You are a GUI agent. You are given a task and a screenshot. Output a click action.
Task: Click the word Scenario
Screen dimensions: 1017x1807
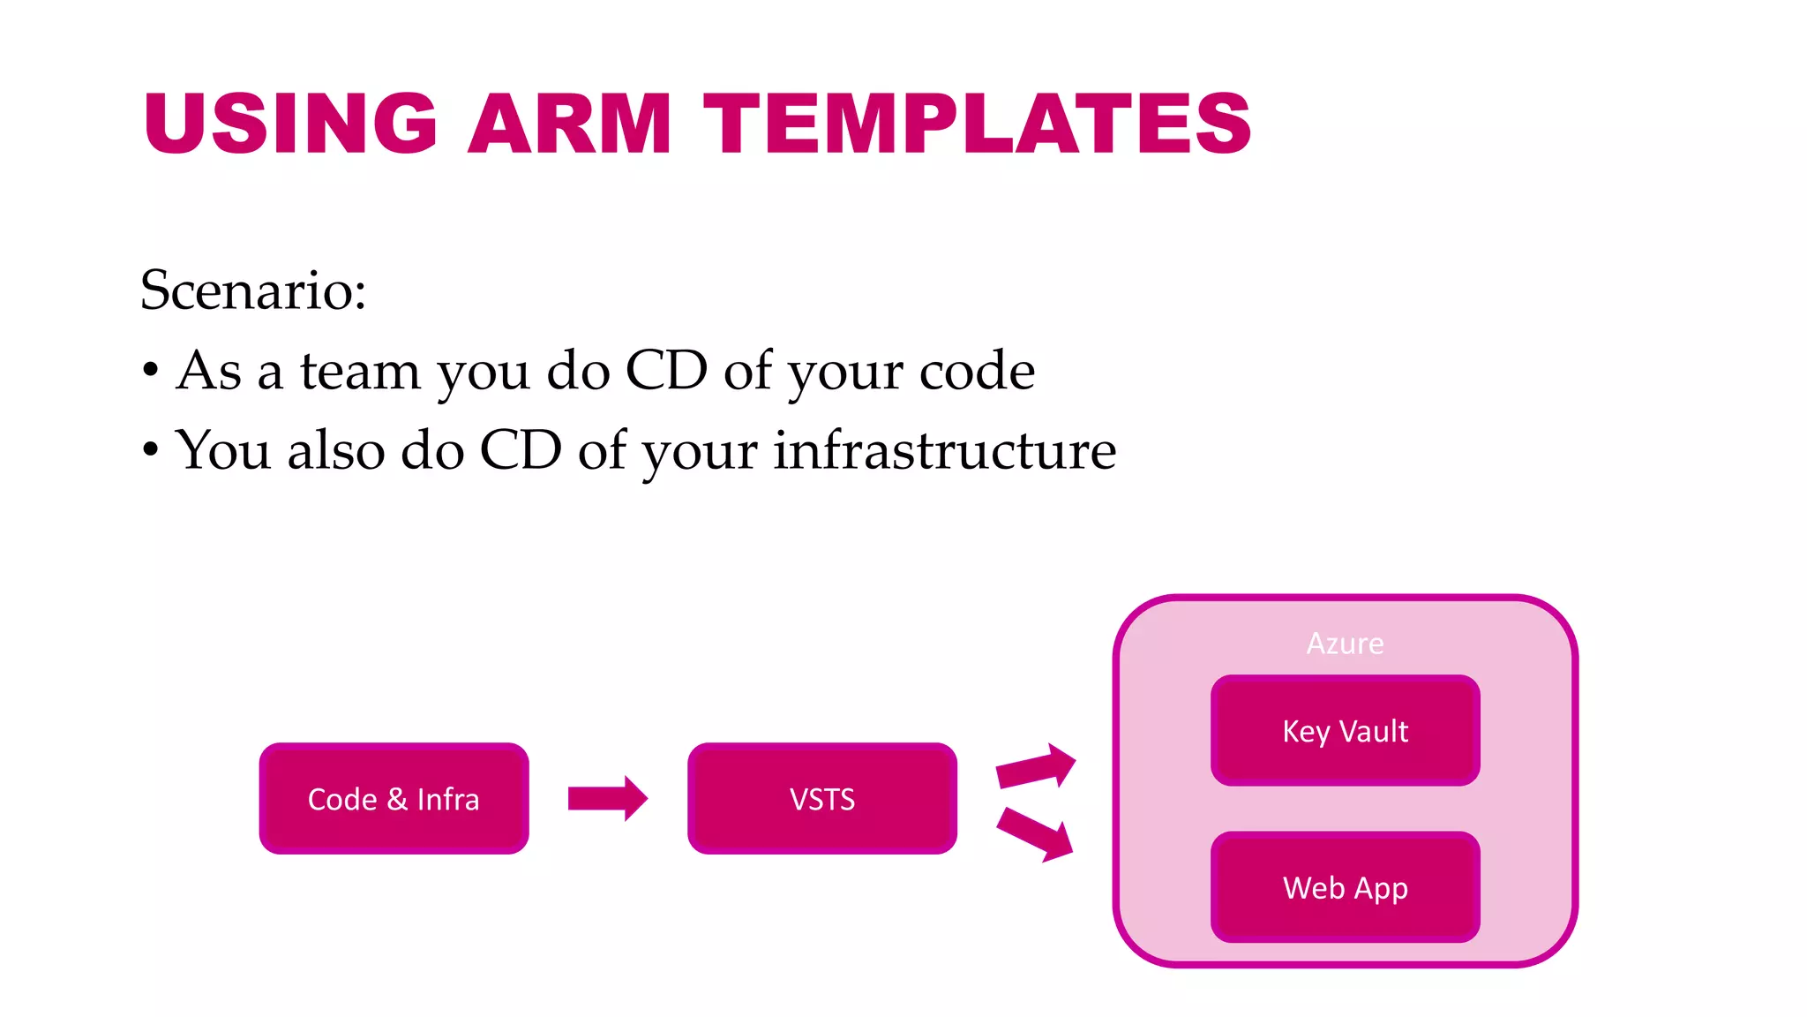(x=252, y=290)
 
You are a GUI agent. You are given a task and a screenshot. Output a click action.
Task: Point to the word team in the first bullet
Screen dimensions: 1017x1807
(x=359, y=370)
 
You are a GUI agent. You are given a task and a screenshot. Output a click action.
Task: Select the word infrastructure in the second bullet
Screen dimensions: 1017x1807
(x=944, y=450)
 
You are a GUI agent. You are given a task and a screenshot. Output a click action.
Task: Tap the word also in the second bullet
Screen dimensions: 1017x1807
(x=336, y=450)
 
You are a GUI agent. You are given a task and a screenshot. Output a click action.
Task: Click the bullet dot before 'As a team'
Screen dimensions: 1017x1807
(x=151, y=370)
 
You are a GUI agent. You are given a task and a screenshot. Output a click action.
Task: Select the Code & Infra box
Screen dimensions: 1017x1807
(x=394, y=799)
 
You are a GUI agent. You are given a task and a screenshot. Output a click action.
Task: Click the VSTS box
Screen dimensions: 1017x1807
(x=821, y=799)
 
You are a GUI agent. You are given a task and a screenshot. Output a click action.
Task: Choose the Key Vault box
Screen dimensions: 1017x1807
(x=1345, y=731)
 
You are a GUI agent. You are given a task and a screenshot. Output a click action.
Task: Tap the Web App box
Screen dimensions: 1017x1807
(x=1345, y=887)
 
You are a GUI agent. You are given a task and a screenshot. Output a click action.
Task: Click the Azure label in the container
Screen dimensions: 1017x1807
(x=1345, y=644)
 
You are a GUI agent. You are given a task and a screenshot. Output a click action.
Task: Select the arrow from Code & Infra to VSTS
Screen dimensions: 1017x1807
(x=607, y=799)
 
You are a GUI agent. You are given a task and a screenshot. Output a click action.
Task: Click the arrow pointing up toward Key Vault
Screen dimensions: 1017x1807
(x=1035, y=766)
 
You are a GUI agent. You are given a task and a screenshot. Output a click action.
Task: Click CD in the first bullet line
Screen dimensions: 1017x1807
(x=666, y=370)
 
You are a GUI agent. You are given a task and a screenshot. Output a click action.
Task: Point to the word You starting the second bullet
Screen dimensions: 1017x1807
(x=222, y=450)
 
